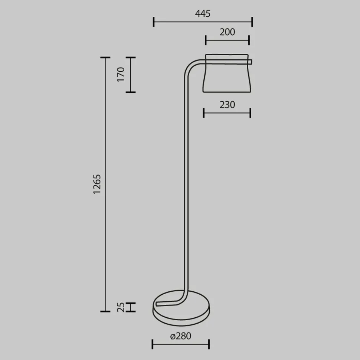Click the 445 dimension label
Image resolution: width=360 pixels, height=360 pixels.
click(x=203, y=14)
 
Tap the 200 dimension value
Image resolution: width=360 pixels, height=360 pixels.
click(x=227, y=32)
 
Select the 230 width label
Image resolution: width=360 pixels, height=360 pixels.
click(x=227, y=105)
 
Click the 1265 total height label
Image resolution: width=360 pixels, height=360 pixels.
click(x=97, y=184)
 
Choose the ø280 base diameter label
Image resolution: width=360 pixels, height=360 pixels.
click(x=181, y=336)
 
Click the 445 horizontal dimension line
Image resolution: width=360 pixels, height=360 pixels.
click(x=203, y=22)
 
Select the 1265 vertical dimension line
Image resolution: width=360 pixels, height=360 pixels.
click(x=105, y=184)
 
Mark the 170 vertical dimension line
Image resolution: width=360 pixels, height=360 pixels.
click(x=130, y=75)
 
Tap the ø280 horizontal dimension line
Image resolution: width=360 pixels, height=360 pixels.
click(x=181, y=344)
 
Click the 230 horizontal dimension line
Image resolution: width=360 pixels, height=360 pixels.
click(x=227, y=113)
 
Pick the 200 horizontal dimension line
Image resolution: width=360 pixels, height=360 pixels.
click(x=227, y=40)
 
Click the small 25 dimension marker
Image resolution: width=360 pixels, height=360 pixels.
click(x=131, y=307)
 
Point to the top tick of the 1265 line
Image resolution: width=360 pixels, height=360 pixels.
click(x=105, y=58)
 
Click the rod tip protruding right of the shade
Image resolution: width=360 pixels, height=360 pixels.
click(x=251, y=62)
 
